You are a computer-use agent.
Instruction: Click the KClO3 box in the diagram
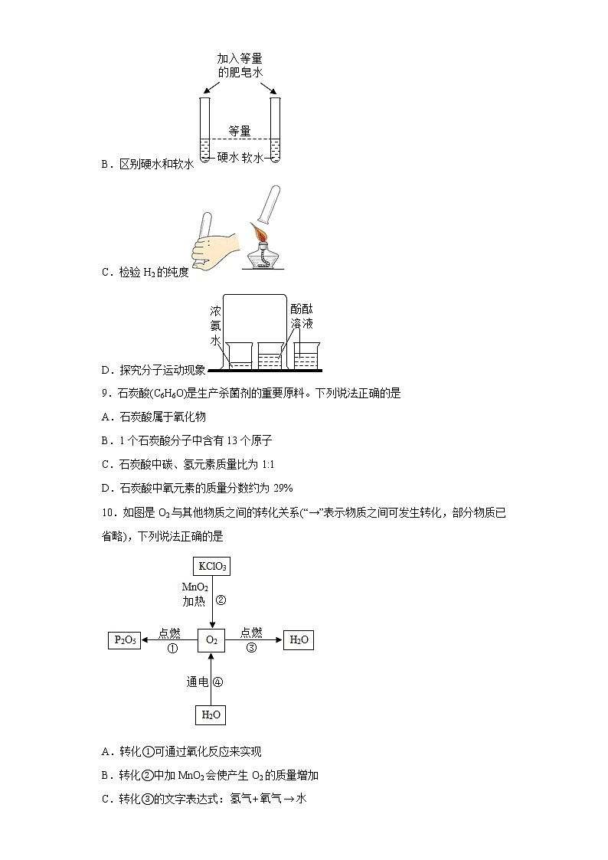[x=211, y=567]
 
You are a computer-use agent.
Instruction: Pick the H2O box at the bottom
[x=211, y=715]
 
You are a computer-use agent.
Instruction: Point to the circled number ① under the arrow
[x=173, y=648]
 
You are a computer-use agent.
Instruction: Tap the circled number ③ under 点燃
[x=251, y=648]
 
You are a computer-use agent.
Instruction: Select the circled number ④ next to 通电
[x=217, y=682]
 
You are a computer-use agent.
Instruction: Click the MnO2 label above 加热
[x=195, y=587]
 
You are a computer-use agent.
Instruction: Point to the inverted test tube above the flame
[x=273, y=201]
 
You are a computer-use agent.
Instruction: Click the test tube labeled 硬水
[x=204, y=130]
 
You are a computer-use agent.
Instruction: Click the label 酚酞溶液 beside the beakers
[x=302, y=317]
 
